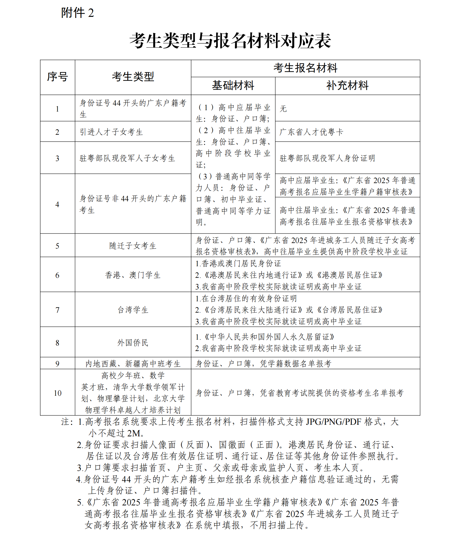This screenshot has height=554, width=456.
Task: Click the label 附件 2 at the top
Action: point(77,13)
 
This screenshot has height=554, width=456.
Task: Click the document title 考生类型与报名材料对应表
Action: point(230,41)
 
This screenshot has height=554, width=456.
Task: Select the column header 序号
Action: point(57,77)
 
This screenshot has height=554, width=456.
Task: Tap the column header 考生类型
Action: point(133,77)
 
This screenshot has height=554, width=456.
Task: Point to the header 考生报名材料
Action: point(305,68)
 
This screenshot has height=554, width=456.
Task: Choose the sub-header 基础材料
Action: point(233,86)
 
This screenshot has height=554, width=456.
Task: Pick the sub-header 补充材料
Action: point(347,86)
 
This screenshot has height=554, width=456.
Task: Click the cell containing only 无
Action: point(283,109)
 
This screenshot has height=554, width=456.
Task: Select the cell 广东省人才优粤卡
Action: point(311,132)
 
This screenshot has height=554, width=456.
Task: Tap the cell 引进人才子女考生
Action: point(111,132)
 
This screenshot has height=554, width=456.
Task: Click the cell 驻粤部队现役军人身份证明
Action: point(327,158)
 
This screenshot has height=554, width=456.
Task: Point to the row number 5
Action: point(57,246)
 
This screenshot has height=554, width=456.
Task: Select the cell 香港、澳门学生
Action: point(133,275)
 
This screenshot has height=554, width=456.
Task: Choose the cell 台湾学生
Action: point(133,310)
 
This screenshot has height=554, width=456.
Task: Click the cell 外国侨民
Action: point(133,343)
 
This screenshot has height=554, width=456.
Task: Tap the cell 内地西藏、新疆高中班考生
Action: point(133,364)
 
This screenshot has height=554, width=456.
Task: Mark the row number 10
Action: point(57,393)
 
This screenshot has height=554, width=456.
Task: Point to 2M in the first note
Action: point(133,433)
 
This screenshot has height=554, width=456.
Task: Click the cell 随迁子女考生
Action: point(133,246)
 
